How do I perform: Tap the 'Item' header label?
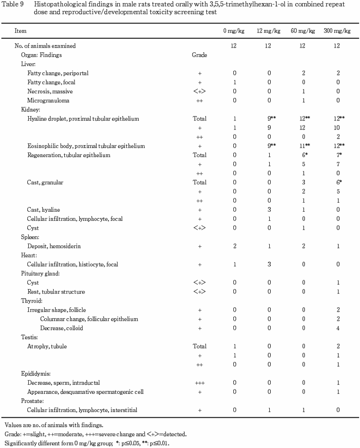click(21, 31)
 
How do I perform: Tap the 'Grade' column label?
click(199, 55)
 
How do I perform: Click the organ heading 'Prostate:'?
click(32, 400)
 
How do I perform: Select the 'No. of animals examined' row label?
click(46, 46)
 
